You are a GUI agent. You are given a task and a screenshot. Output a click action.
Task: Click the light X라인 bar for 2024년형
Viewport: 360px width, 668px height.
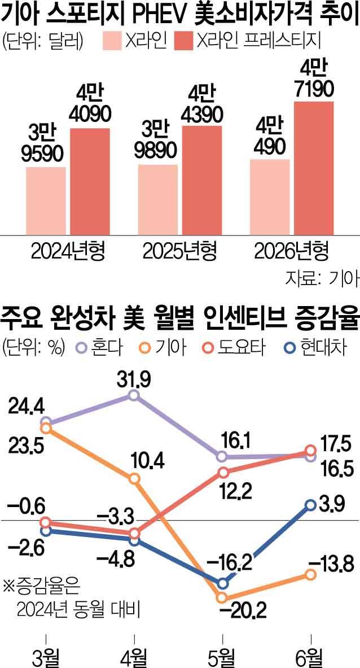pos(46,200)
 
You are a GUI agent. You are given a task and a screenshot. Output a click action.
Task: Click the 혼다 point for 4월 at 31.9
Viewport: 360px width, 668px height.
pos(134,395)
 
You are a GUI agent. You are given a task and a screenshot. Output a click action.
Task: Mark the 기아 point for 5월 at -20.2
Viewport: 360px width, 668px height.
pos(222,597)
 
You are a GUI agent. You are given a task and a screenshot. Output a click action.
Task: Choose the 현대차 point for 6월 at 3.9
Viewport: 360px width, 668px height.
pos(310,505)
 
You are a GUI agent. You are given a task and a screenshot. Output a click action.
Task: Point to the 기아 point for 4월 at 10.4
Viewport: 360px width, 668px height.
pos(134,479)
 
